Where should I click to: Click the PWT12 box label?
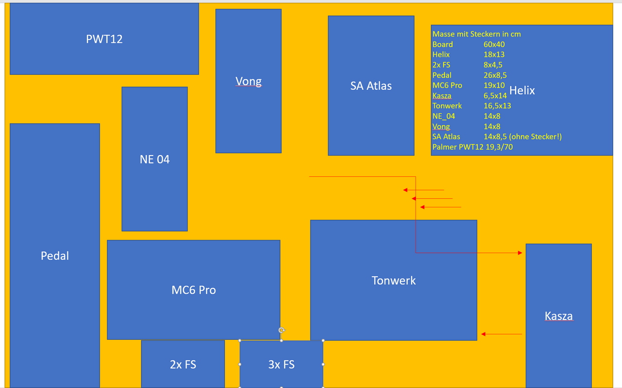(104, 39)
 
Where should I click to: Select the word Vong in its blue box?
(248, 81)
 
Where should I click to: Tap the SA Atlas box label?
(371, 86)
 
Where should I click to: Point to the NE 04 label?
(155, 159)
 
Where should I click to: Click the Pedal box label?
(54, 256)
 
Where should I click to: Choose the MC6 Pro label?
(193, 290)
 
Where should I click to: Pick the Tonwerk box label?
(394, 281)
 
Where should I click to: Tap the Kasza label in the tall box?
(558, 316)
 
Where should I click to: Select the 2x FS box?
(183, 364)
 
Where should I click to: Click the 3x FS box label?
(281, 364)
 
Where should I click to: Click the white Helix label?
(522, 90)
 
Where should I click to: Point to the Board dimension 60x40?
(494, 44)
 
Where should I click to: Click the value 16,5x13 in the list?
(497, 106)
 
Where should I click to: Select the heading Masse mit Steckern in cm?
(476, 34)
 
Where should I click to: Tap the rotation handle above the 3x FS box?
(281, 331)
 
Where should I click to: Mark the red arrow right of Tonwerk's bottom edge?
(501, 334)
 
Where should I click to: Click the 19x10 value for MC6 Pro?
(494, 85)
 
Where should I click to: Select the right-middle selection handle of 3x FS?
(323, 364)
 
